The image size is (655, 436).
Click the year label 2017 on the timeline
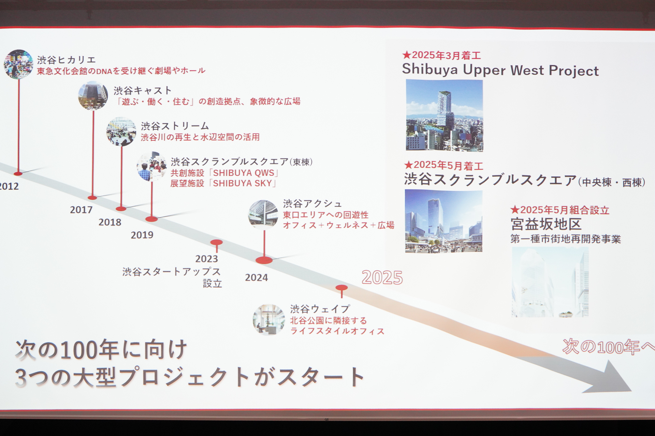pos(81,210)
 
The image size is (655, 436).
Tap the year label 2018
pos(110,222)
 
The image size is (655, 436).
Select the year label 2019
pos(142,235)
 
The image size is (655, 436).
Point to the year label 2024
pos(256,278)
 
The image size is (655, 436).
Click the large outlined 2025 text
pos(382,278)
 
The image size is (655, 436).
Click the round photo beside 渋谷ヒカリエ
pos(18,64)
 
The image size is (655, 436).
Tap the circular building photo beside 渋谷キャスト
pos(93,95)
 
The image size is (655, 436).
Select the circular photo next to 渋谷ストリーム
pos(121,131)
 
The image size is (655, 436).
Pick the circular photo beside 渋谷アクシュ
pos(263,215)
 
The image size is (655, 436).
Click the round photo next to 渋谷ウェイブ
pos(269,320)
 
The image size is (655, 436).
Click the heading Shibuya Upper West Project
pos(500,70)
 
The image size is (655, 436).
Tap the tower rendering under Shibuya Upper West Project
pos(444,115)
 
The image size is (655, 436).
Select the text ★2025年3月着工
pos(441,55)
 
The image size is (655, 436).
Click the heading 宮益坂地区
pos(546,224)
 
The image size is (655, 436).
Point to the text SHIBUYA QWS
pos(244,173)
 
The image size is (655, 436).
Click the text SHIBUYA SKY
pos(242,184)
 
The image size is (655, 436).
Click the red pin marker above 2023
pos(216,243)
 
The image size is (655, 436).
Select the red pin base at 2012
pos(18,174)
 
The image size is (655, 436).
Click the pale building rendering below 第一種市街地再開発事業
pos(550,282)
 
